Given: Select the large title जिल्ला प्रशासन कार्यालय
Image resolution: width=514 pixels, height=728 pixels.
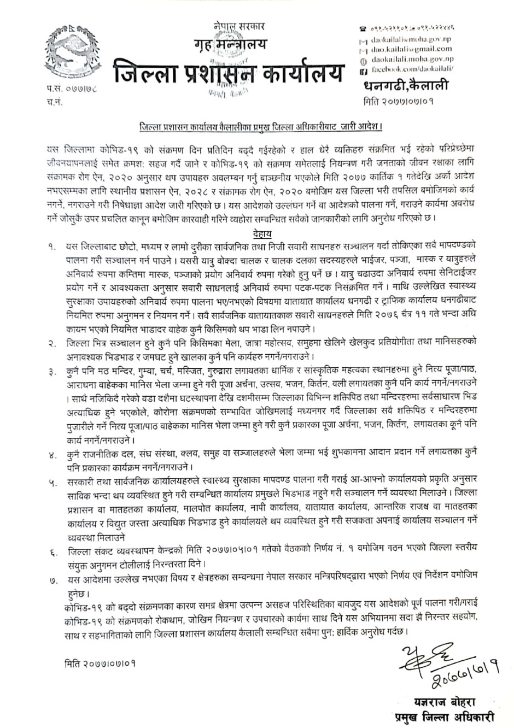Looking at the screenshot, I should (x=230, y=72).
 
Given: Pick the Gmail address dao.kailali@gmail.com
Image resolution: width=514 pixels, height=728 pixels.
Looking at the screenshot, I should (x=411, y=49).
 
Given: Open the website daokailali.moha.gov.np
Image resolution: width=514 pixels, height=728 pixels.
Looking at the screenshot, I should (x=411, y=60).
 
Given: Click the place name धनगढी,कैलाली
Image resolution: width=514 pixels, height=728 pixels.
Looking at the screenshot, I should (x=405, y=86).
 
